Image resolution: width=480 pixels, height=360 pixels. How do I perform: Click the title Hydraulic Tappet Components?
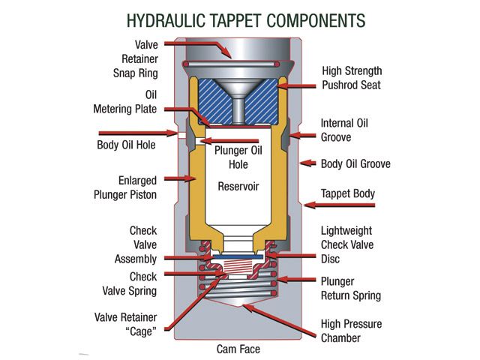click(x=239, y=17)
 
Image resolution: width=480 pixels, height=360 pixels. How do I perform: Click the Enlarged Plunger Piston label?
click(x=135, y=188)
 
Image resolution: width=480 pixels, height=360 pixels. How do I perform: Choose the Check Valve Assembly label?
click(x=137, y=244)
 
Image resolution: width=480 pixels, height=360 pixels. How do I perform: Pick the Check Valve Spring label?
click(x=133, y=284)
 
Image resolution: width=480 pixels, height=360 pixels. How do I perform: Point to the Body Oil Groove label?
click(x=355, y=163)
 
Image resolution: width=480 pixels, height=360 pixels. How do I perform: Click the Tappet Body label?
click(x=347, y=193)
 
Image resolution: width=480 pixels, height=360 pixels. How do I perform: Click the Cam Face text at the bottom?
click(x=239, y=349)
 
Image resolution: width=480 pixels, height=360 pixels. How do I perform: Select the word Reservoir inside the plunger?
click(x=239, y=185)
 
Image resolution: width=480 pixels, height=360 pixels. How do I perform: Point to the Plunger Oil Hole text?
click(x=239, y=155)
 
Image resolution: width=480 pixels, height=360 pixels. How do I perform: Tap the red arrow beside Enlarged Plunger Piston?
click(x=180, y=178)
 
